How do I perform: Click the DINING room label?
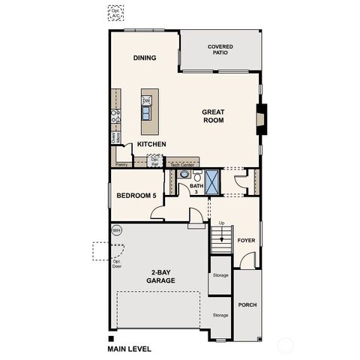click(144, 58)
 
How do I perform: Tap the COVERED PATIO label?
click(220, 49)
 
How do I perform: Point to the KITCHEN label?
click(151, 144)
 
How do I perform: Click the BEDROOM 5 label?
click(136, 196)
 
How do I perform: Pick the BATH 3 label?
click(196, 188)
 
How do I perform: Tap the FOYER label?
click(247, 241)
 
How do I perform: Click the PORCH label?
click(247, 305)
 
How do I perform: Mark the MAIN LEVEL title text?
click(130, 349)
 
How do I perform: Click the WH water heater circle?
click(117, 230)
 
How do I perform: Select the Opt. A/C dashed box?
click(115, 13)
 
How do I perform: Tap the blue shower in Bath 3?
click(213, 182)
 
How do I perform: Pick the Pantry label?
click(120, 163)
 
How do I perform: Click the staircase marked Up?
click(219, 241)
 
